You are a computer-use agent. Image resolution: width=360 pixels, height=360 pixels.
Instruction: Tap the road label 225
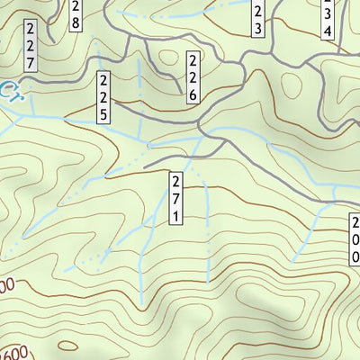tap(103, 98)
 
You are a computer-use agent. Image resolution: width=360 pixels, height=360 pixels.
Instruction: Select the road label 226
tap(193, 78)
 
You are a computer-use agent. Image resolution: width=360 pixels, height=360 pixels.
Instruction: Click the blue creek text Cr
tap(10, 89)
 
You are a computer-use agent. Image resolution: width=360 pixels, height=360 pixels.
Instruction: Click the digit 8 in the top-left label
tap(75, 22)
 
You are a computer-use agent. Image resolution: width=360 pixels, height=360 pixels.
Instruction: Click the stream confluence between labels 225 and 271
tap(148, 143)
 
